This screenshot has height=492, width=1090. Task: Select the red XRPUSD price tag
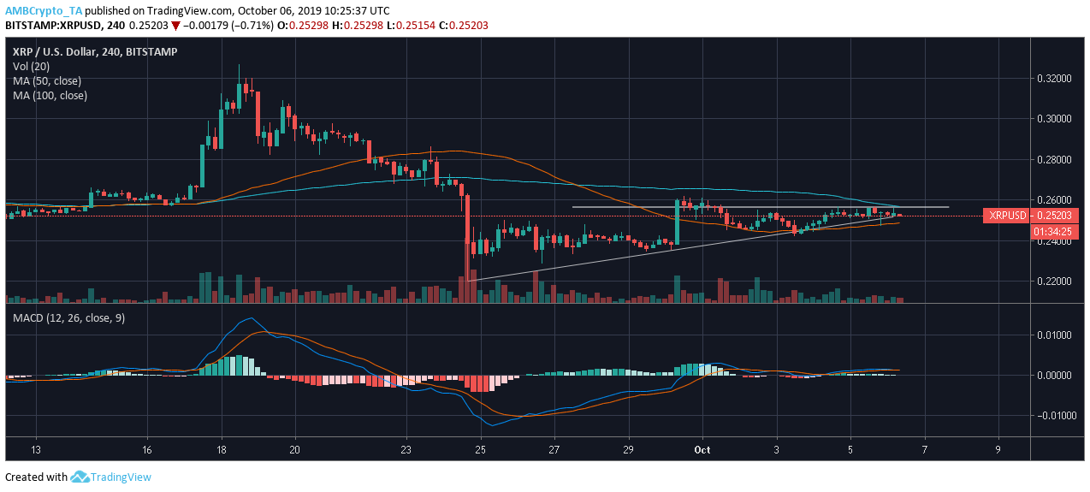(x=1005, y=216)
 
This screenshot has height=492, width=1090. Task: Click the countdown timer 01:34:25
(x=1005, y=230)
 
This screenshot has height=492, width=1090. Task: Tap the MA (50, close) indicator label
(x=47, y=80)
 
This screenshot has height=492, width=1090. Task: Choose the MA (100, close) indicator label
(x=50, y=95)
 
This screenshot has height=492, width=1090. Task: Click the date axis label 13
(x=35, y=449)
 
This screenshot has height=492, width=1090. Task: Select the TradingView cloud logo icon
(x=80, y=477)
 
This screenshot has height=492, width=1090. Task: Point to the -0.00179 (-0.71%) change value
(x=228, y=25)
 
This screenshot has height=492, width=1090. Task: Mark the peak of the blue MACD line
(x=248, y=319)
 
